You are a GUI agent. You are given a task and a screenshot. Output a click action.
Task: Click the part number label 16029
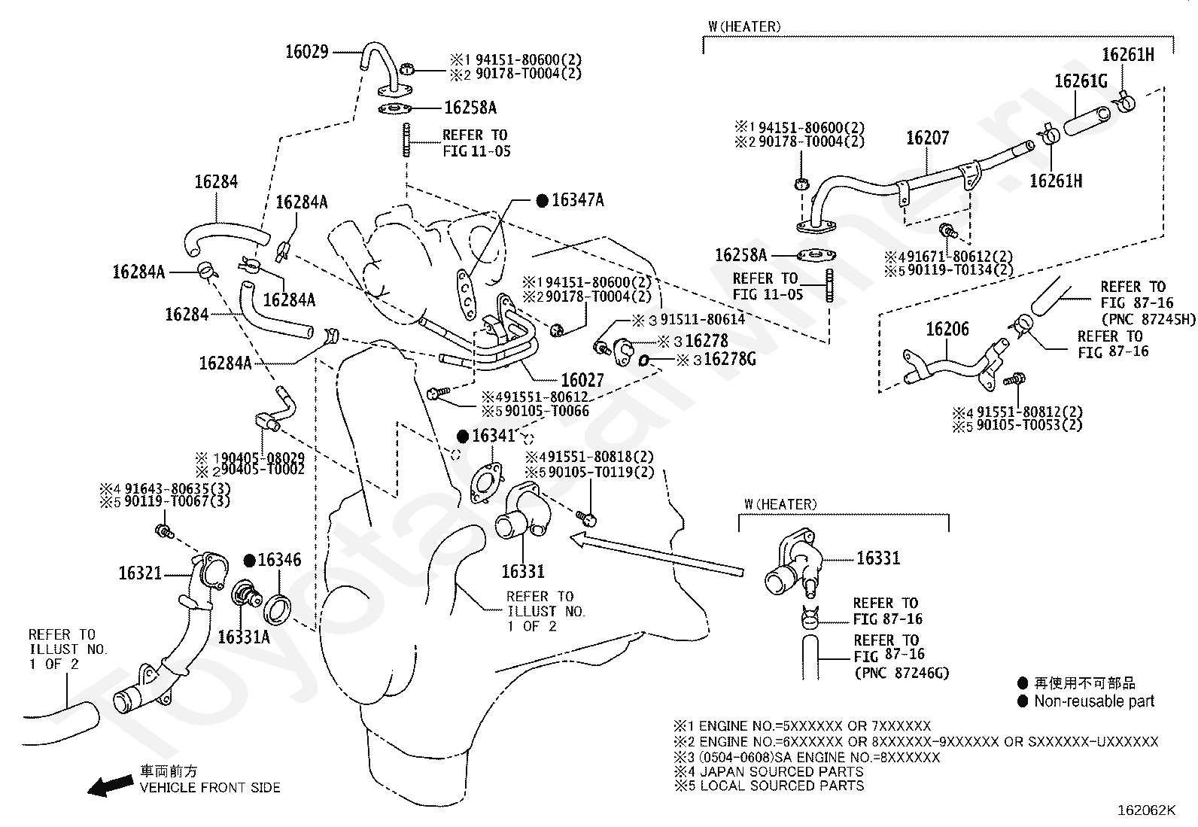tap(306, 52)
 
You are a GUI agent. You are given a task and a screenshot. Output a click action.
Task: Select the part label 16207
tap(927, 138)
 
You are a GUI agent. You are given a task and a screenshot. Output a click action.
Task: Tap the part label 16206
tap(947, 329)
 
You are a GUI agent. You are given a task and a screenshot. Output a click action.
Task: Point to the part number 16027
tap(582, 380)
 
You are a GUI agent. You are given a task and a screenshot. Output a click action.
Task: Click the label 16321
tap(140, 573)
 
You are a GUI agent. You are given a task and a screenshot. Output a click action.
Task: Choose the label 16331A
tap(243, 637)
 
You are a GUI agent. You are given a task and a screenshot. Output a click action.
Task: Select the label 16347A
tap(577, 200)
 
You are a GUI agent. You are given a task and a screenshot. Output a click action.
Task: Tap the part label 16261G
tap(1081, 81)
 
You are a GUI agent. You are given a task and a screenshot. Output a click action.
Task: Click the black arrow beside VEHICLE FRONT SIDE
tap(108, 786)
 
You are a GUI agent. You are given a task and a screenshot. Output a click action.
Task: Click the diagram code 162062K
tap(1145, 810)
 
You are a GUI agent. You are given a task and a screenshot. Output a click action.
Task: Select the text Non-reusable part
tap(1093, 701)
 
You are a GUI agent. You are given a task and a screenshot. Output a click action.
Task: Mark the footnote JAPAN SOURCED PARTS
tap(781, 771)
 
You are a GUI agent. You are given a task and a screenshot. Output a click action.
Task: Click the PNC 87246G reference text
tap(902, 673)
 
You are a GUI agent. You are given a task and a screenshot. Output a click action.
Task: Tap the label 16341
tap(493, 436)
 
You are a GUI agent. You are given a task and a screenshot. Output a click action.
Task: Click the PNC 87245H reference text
tap(1148, 320)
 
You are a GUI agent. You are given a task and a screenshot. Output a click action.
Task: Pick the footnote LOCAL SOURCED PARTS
tap(781, 786)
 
